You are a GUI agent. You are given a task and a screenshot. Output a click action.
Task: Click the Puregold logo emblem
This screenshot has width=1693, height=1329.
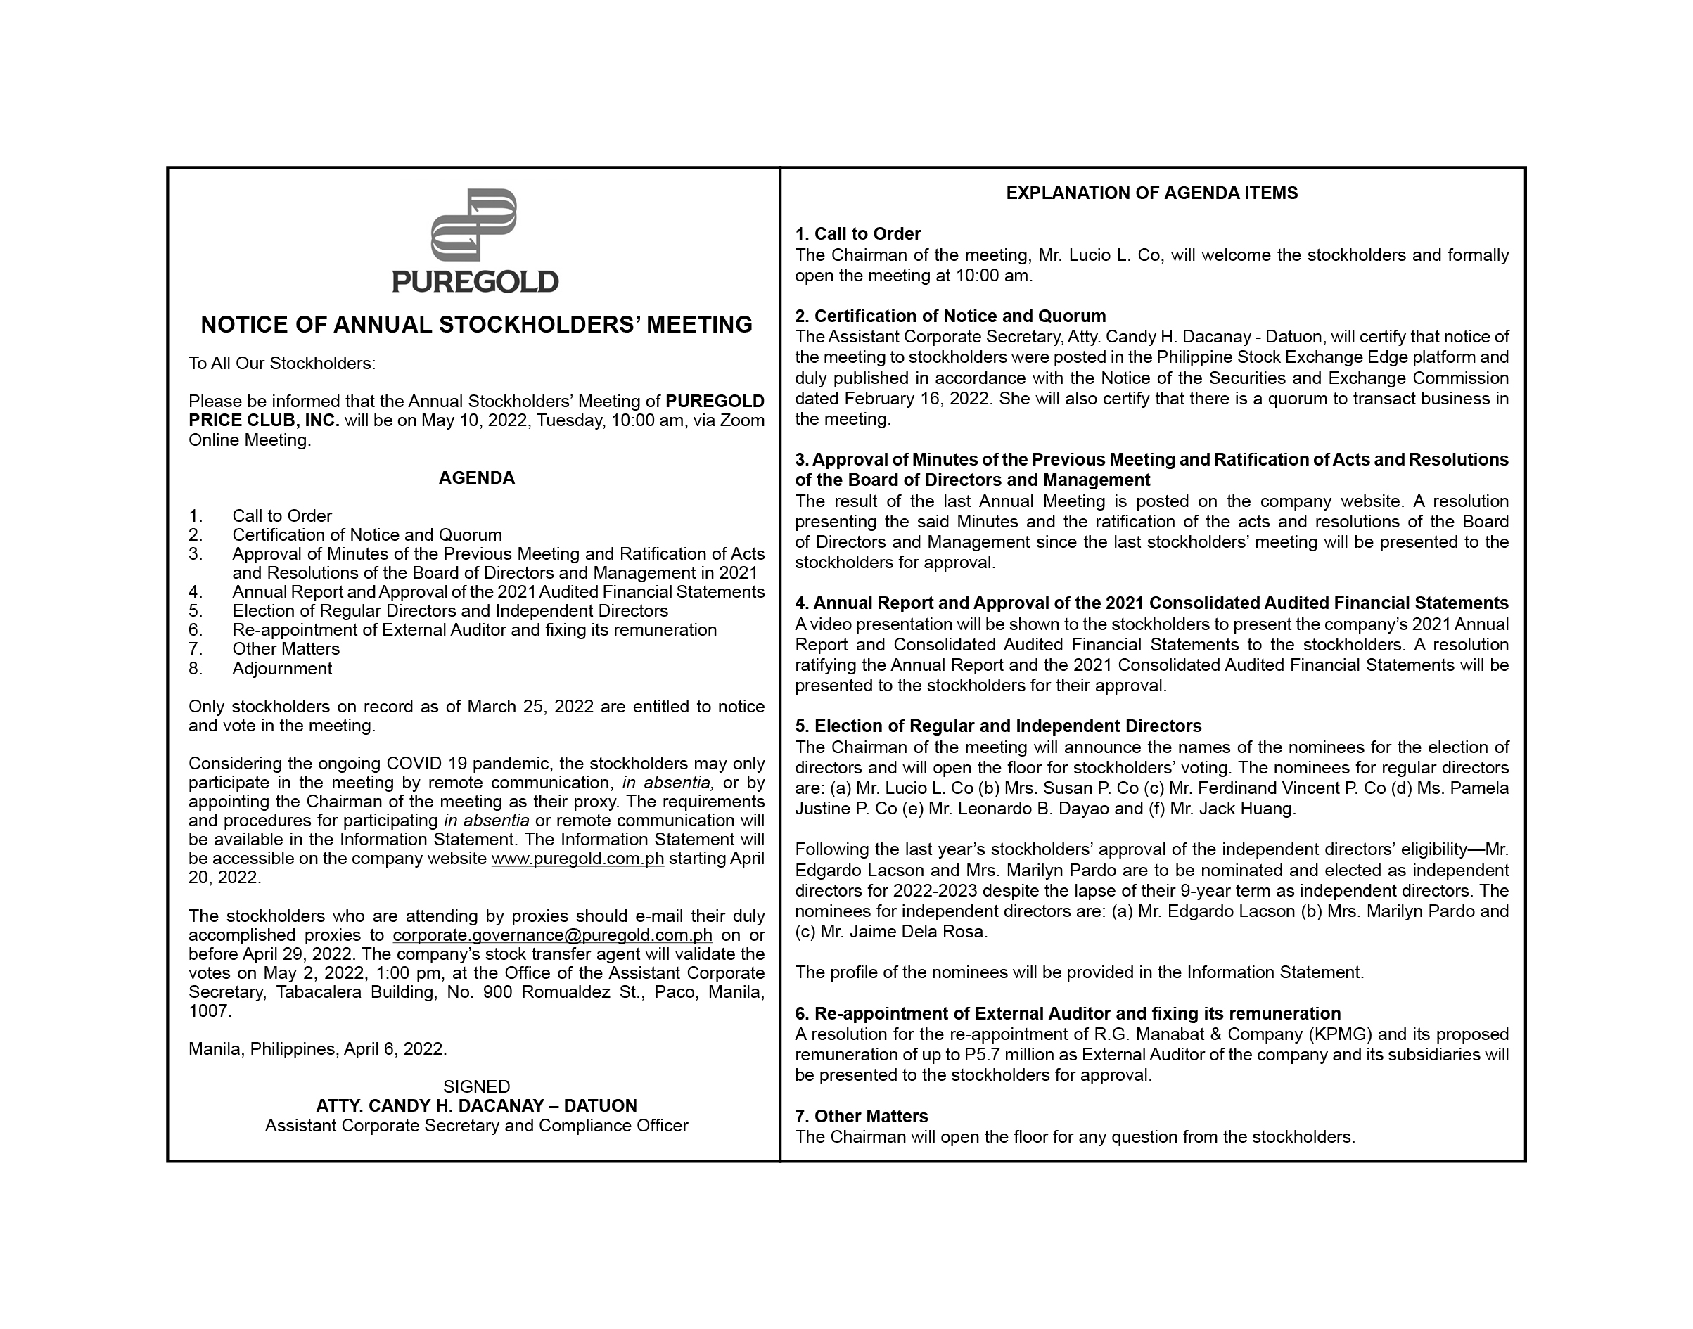(x=474, y=224)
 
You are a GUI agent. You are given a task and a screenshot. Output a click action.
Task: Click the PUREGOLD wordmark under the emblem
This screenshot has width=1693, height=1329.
(x=475, y=282)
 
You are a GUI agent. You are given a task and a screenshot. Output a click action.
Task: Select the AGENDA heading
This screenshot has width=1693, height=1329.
(x=476, y=477)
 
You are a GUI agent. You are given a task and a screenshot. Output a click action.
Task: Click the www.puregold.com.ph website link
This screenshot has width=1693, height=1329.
(x=577, y=859)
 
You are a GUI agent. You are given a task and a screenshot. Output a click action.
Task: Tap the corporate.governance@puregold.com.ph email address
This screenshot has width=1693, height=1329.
(x=553, y=935)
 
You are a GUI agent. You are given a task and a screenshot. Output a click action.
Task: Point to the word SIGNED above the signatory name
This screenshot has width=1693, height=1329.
(x=476, y=1087)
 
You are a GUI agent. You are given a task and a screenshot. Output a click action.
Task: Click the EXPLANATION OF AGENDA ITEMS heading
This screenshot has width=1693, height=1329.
(x=1151, y=193)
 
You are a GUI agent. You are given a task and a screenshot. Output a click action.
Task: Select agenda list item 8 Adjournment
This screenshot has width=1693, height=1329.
(x=282, y=669)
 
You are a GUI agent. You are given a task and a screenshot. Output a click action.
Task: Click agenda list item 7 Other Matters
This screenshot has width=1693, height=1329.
(x=286, y=649)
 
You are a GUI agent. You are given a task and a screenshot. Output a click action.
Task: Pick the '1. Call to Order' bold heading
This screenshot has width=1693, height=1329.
(x=858, y=234)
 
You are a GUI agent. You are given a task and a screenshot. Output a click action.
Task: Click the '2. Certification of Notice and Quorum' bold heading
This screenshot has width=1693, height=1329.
(x=950, y=316)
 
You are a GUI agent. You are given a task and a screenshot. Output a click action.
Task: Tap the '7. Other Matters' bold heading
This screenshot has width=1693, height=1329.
(x=862, y=1117)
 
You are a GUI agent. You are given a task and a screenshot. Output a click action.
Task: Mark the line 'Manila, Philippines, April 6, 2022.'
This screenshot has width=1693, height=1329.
(x=318, y=1050)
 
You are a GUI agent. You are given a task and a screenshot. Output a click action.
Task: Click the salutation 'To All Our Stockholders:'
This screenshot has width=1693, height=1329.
(x=282, y=364)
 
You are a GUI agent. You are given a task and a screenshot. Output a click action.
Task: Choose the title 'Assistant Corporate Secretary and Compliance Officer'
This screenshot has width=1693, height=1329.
(x=476, y=1126)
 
